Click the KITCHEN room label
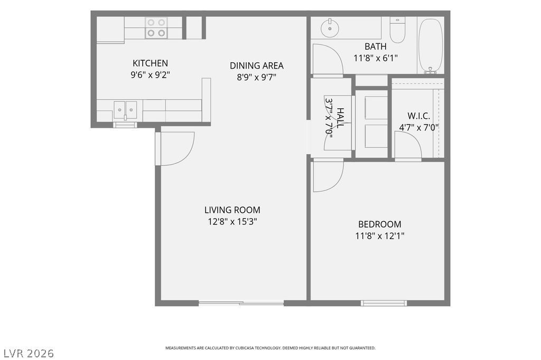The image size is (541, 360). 150,63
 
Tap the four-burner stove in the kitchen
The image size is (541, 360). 156,27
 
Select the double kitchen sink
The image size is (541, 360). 125,110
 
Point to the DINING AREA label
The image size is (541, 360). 257,65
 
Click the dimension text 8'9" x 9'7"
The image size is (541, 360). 257,77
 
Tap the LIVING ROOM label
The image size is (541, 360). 232,210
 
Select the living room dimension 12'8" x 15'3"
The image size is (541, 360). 232,221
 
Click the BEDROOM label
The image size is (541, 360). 379,224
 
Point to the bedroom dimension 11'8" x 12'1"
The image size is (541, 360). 379,236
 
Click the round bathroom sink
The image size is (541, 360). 330,27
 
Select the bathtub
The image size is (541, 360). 430,45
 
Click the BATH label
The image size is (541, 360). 376,46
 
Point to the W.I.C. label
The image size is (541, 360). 418,116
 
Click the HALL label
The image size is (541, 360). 340,118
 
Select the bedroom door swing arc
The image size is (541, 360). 338,181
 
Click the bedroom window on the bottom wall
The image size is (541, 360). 384,303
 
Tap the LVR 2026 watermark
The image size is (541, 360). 29,353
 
